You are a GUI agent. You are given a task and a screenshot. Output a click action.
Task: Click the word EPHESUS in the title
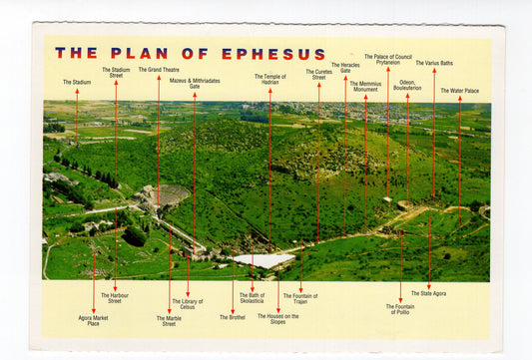coord(272,54)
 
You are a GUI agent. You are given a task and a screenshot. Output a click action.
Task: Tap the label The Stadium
coord(76,82)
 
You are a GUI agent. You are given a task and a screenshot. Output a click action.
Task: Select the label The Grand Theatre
coord(158,70)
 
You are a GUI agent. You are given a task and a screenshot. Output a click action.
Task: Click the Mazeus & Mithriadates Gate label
coord(195,83)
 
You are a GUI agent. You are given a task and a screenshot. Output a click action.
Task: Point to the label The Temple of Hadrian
coord(269,79)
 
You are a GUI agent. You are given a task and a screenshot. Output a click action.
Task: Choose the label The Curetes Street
coord(318,74)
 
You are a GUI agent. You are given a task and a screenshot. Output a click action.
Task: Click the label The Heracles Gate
coord(345,68)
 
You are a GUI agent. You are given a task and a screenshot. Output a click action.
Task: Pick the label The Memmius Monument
coord(365,86)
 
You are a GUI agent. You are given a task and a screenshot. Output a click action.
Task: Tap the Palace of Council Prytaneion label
coord(388,60)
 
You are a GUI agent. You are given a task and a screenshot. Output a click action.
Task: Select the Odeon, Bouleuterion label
coord(407,85)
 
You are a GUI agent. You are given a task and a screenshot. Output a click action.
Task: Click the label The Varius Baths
coord(433,63)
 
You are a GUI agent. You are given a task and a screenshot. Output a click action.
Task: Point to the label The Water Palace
coord(459,91)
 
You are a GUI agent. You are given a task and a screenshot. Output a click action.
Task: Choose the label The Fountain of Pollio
coord(399,308)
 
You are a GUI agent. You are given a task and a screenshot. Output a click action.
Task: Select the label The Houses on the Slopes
coord(277,319)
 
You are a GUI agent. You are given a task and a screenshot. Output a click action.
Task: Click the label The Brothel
coord(232,317)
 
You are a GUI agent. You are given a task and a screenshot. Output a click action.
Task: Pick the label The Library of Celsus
coord(187,304)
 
